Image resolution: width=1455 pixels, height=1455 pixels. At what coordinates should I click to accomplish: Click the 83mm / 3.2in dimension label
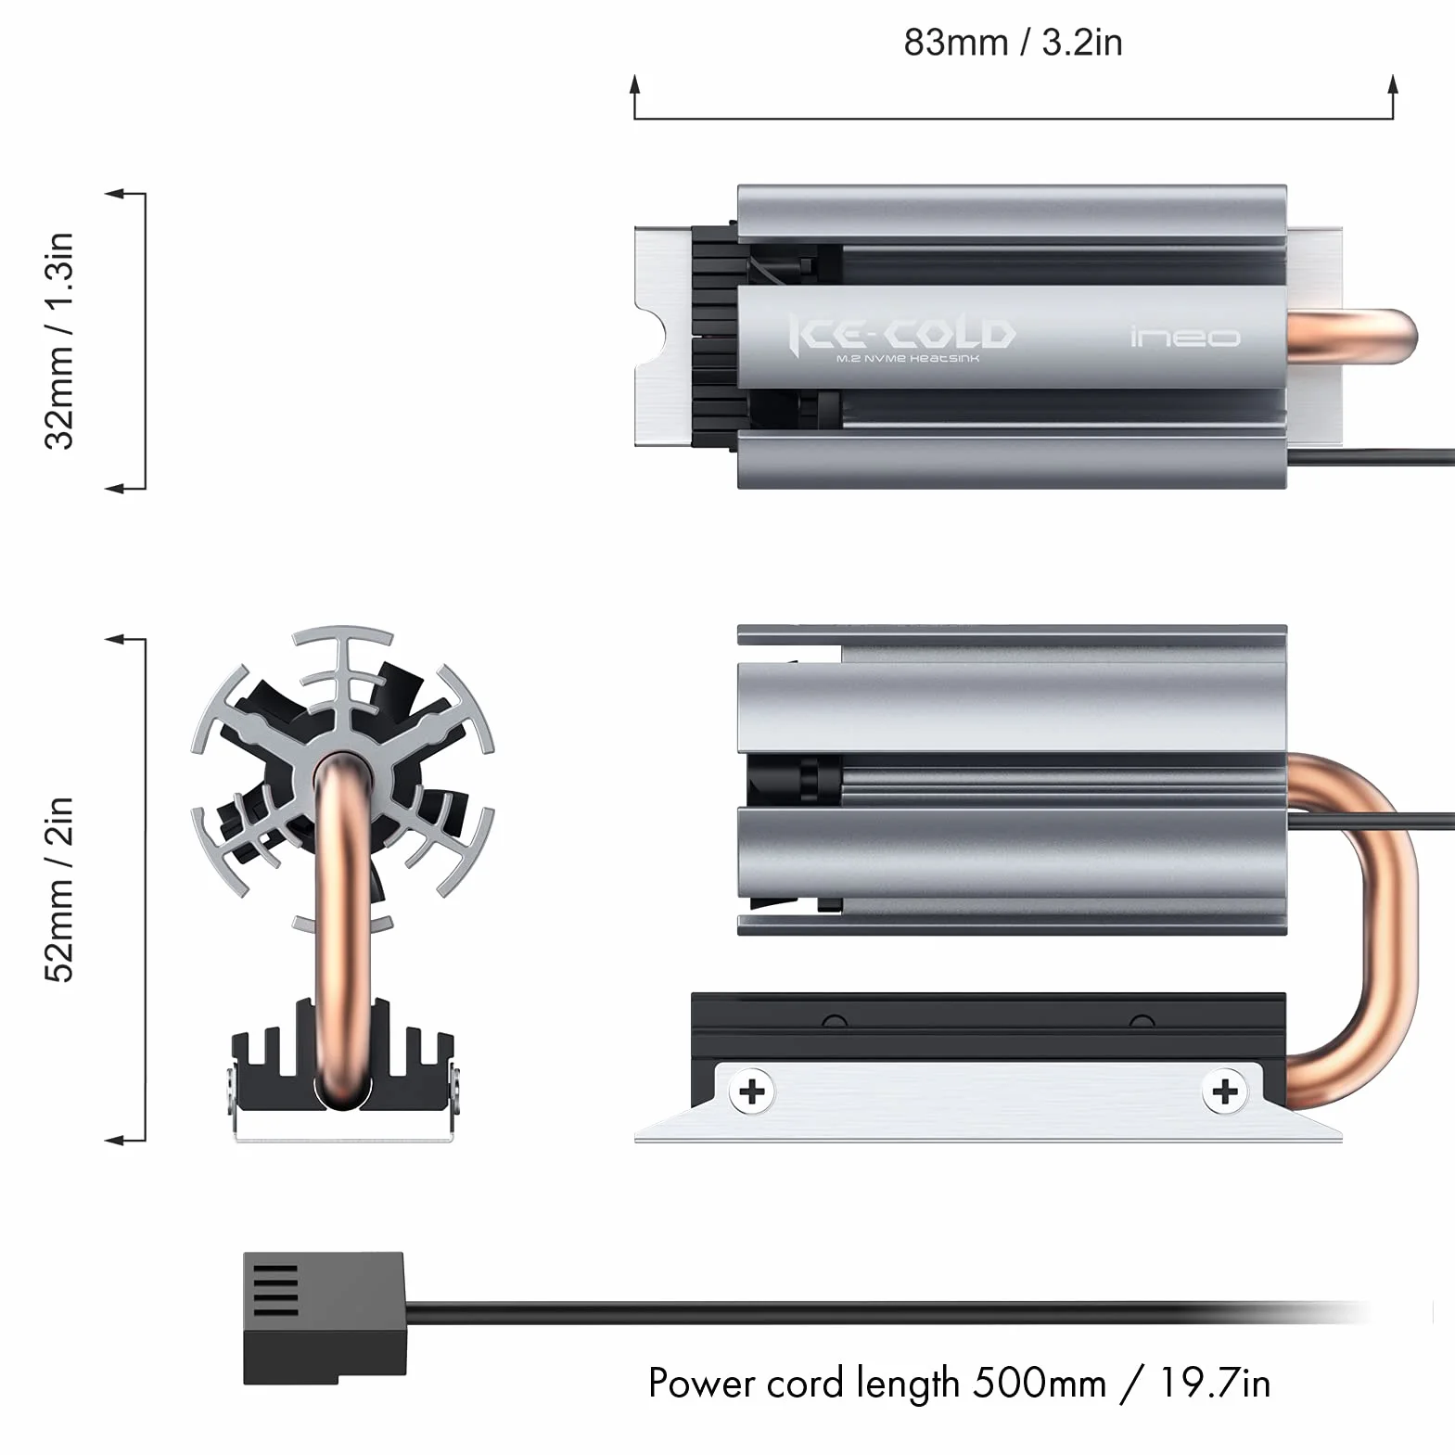click(1013, 43)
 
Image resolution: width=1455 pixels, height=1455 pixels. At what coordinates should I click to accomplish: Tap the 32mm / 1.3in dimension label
click(58, 341)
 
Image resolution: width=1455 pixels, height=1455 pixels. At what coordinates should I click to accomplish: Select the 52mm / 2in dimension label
click(58, 889)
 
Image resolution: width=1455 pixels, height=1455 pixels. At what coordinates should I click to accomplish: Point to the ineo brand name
click(1185, 336)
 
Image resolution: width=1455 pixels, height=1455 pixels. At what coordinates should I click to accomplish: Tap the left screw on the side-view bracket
click(752, 1091)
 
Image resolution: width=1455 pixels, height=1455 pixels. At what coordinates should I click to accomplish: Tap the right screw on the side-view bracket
click(1225, 1091)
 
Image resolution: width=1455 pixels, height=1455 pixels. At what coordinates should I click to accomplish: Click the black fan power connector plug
click(325, 1318)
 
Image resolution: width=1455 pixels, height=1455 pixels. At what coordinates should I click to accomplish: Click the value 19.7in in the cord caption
click(1215, 1384)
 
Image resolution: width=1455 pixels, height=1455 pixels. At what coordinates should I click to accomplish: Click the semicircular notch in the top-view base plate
click(654, 339)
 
